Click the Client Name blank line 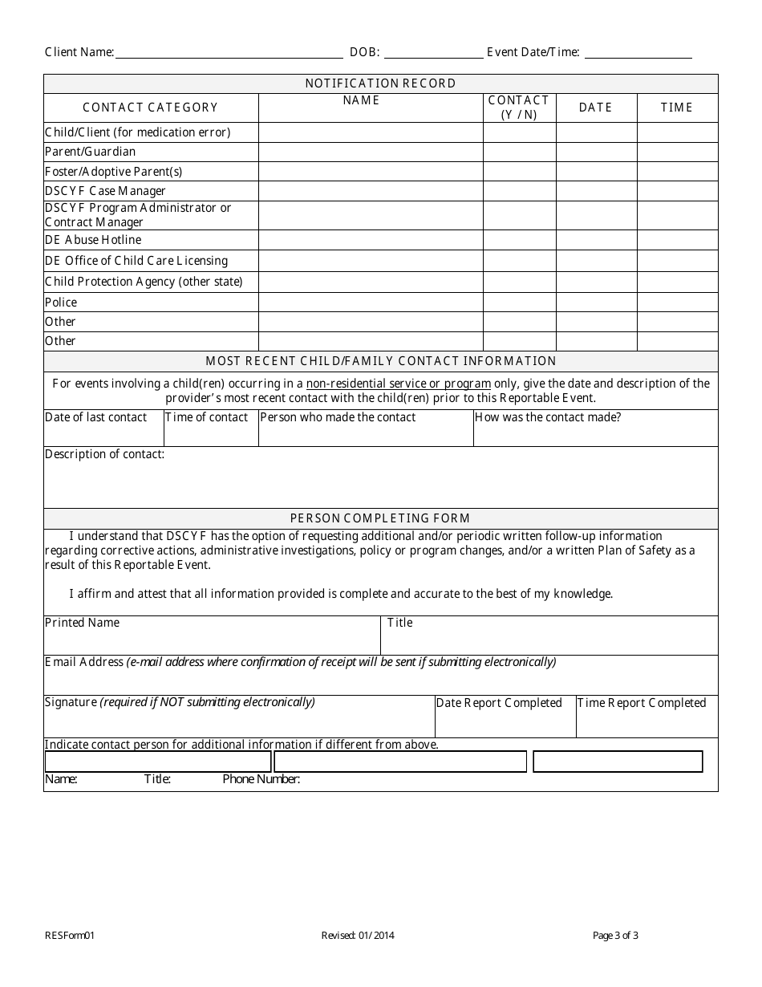229,53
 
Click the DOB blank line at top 434,53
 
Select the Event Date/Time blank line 638,53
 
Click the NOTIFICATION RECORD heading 380,83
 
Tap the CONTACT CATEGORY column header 151,108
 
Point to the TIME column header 677,108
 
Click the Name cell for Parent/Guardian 370,152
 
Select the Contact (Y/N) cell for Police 519,303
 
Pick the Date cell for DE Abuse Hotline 596,240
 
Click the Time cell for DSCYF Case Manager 677,191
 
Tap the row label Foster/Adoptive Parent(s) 114,172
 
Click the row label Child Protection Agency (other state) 144,282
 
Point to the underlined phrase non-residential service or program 398,384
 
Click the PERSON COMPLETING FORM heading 380,518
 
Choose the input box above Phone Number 618,762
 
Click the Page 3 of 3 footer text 615,935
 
